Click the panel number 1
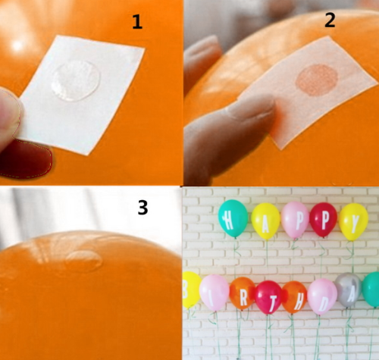(137, 22)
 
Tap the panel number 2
(330, 20)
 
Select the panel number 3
(143, 208)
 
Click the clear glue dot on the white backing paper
(76, 80)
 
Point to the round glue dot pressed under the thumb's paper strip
(317, 80)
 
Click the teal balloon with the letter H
(233, 219)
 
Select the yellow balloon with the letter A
(265, 221)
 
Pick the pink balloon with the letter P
(295, 220)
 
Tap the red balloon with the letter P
(324, 220)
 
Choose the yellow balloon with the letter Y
(353, 221)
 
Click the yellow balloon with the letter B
(191, 290)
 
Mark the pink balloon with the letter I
(215, 293)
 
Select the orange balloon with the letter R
(243, 293)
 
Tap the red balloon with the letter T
(268, 297)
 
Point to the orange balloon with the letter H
(294, 297)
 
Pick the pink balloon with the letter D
(322, 296)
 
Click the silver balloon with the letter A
(349, 290)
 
